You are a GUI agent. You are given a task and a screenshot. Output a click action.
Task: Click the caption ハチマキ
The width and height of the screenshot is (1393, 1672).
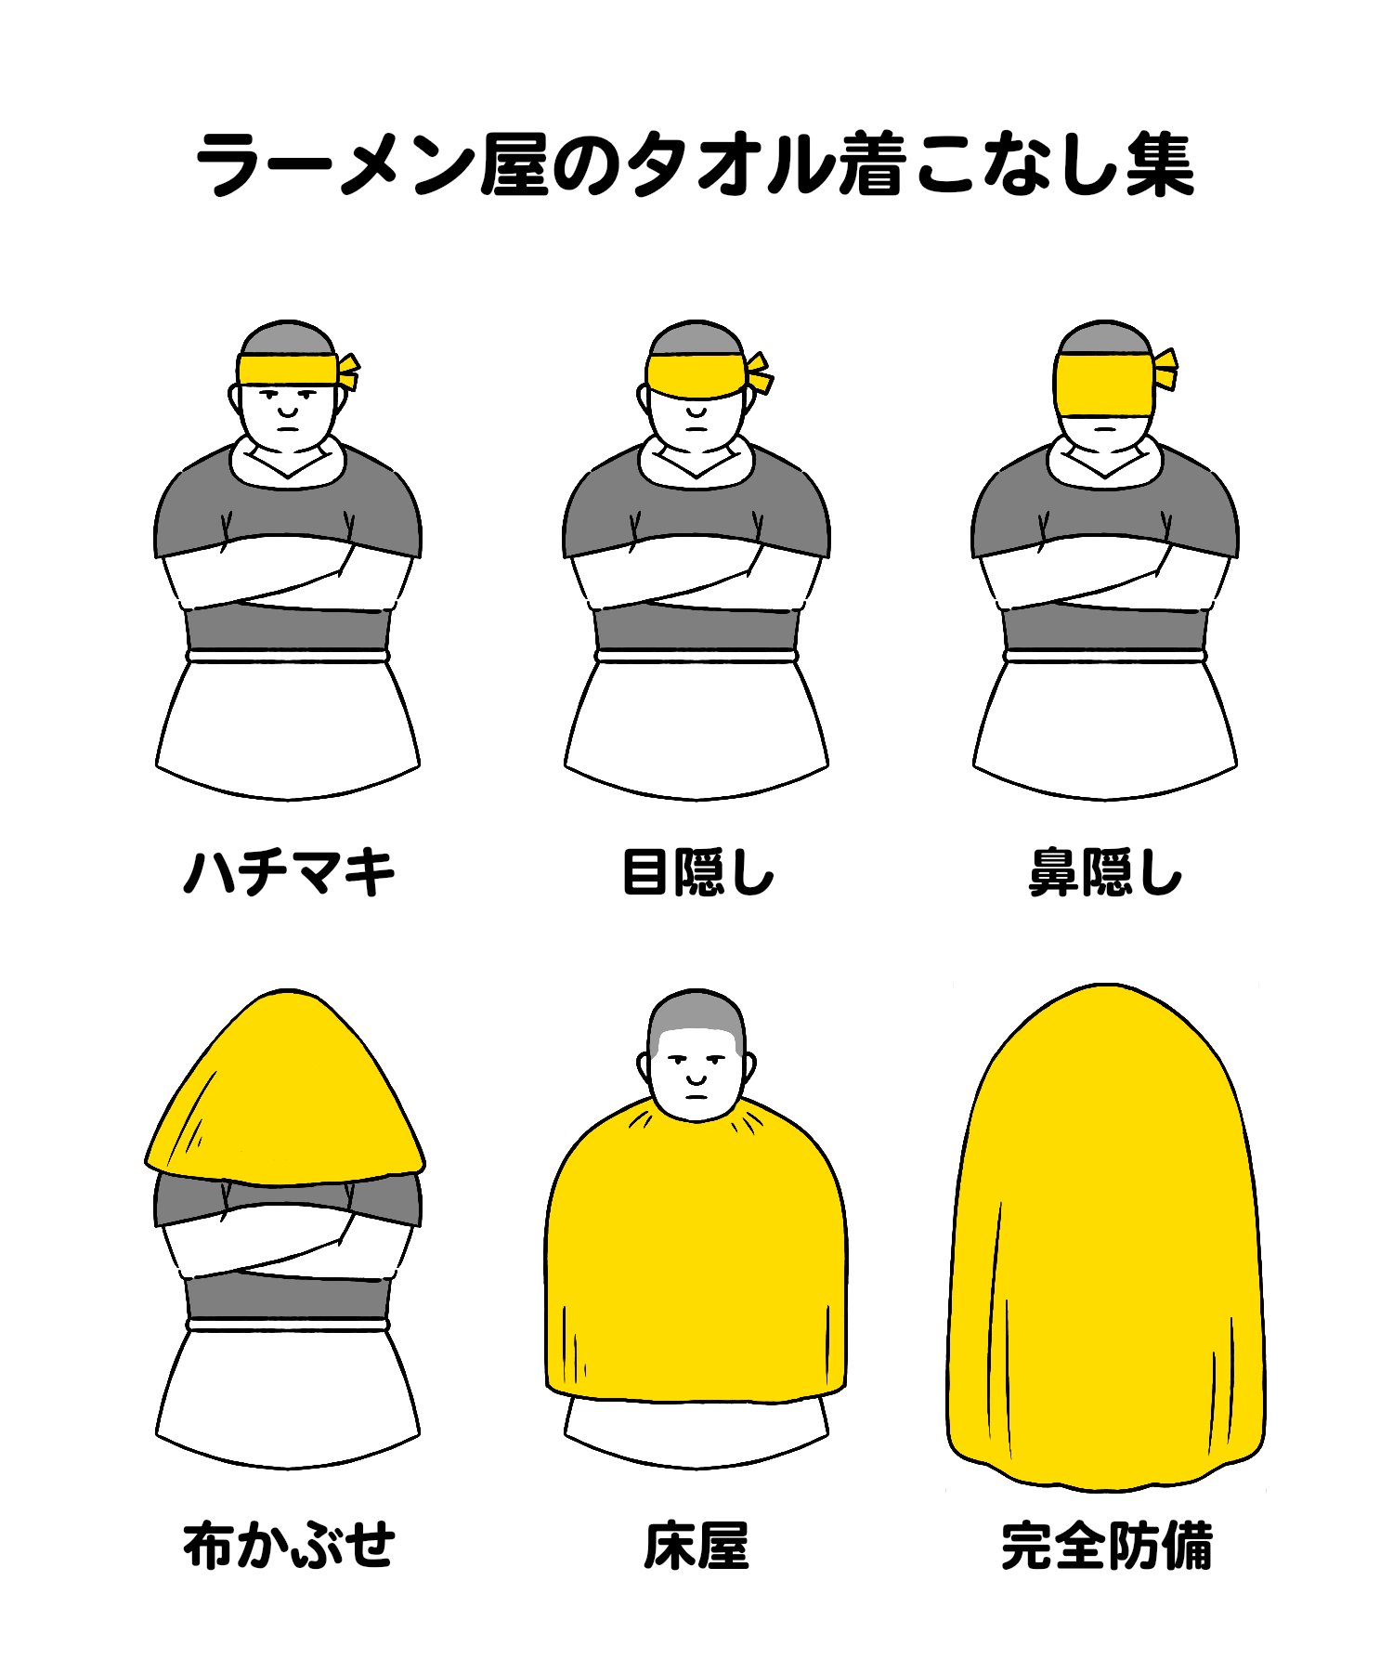289,873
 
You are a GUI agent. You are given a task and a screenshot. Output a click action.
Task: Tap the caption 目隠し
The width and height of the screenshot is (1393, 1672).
696,873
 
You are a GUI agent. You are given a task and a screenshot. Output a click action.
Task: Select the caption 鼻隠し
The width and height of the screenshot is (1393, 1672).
1105,873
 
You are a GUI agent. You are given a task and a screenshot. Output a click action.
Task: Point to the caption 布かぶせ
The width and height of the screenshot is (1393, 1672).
289,1544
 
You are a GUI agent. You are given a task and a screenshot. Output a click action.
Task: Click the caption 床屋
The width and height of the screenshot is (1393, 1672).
696,1544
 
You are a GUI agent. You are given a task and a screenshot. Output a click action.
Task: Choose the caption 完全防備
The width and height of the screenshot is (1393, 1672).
1106,1544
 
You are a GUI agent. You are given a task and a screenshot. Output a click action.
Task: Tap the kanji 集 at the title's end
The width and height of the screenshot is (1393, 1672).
1160,165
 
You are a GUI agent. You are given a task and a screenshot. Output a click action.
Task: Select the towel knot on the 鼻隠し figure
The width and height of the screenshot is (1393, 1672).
1165,369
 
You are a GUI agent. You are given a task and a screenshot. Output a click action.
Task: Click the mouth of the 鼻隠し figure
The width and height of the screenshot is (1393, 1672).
1105,428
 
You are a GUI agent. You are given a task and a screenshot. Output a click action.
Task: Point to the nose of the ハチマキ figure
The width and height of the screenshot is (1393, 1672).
288,410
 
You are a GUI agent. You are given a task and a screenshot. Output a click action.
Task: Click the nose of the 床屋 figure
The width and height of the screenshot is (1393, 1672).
696,1078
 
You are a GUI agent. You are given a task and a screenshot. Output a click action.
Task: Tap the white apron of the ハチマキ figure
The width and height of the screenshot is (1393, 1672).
288,725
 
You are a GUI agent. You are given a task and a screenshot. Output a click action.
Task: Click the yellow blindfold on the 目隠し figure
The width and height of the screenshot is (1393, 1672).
696,375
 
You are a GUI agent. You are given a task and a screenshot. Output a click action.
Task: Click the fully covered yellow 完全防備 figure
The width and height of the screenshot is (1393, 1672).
1105,1235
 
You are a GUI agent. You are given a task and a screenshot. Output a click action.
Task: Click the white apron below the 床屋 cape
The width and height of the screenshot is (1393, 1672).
696,1430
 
